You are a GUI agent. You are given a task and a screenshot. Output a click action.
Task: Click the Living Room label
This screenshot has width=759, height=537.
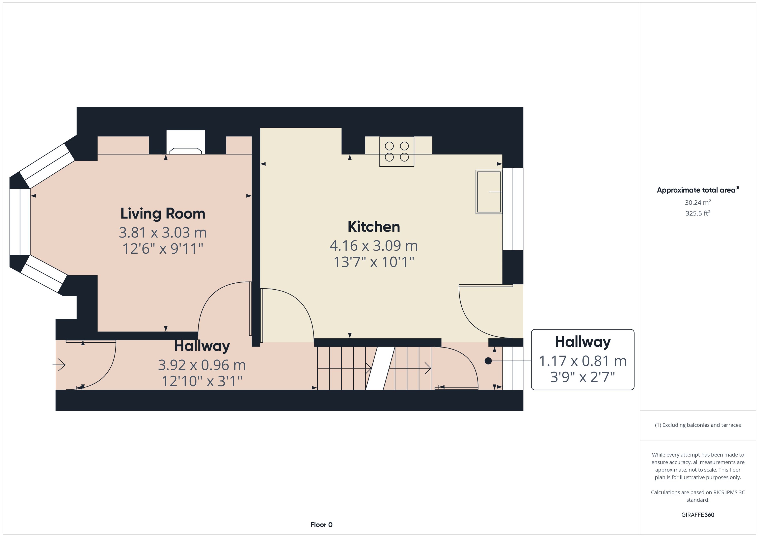coord(162,214)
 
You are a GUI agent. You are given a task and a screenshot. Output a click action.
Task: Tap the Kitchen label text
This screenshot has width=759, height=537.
coord(373,227)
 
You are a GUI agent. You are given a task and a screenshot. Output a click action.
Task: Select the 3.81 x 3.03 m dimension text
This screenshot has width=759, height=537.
coord(162,232)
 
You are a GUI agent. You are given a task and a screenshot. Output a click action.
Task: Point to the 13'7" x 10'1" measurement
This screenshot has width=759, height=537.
coord(373,262)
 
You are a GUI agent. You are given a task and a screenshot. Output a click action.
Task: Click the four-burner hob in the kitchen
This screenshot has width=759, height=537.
coord(397,152)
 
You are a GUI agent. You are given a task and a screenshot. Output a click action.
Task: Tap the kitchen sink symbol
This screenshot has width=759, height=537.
coord(489,192)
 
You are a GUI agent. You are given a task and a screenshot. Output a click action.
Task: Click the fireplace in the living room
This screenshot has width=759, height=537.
coord(186,143)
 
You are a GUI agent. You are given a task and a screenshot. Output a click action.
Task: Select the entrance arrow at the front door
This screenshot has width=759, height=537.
coord(60,365)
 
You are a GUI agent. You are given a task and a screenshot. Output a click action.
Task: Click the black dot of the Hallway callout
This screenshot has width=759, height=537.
coord(488,361)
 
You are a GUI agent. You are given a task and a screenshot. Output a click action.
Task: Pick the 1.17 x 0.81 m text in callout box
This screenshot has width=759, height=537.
coord(582,361)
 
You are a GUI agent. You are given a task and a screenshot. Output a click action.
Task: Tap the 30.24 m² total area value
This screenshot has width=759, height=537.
coord(697,202)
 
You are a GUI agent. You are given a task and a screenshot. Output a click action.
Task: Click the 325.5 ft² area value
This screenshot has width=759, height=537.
coord(697,213)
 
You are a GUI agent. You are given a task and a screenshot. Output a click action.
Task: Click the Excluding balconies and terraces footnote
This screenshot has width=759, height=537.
coord(697,425)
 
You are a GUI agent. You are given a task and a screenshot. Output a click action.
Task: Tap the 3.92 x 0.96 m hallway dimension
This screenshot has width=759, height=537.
coord(202,365)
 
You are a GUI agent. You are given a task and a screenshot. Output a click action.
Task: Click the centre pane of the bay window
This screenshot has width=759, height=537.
coord(20,222)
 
